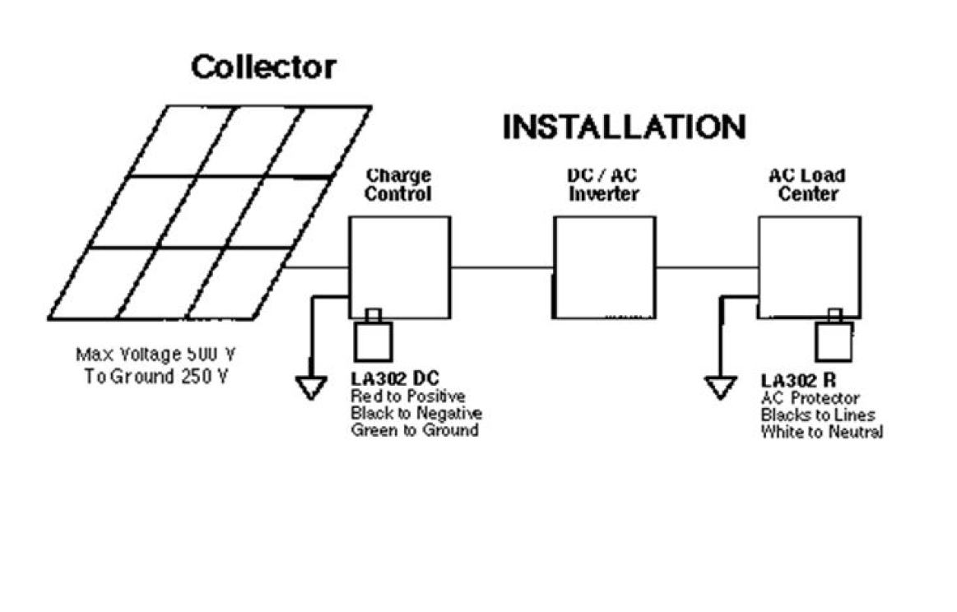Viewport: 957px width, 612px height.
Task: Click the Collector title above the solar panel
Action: [263, 67]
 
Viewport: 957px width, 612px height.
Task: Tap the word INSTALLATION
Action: [624, 128]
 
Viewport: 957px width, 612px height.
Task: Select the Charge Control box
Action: [400, 267]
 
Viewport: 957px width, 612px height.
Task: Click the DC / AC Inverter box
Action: [605, 267]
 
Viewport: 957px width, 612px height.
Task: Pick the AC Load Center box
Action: [809, 267]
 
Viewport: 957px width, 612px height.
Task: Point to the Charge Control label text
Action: [398, 185]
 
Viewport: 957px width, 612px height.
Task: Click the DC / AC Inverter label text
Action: [603, 185]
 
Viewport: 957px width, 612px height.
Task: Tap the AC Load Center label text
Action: [807, 185]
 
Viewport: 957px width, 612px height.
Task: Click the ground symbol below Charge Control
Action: [311, 387]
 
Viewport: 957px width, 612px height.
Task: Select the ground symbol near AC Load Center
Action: [720, 387]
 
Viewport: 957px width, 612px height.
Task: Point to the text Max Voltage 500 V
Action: [156, 355]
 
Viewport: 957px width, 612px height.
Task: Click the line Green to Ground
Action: [414, 429]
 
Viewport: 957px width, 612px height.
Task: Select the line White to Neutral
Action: [821, 432]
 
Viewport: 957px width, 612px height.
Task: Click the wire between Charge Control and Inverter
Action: [502, 267]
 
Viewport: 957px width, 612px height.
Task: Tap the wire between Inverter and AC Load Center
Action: [707, 267]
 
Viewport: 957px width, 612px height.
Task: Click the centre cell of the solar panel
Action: [211, 211]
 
